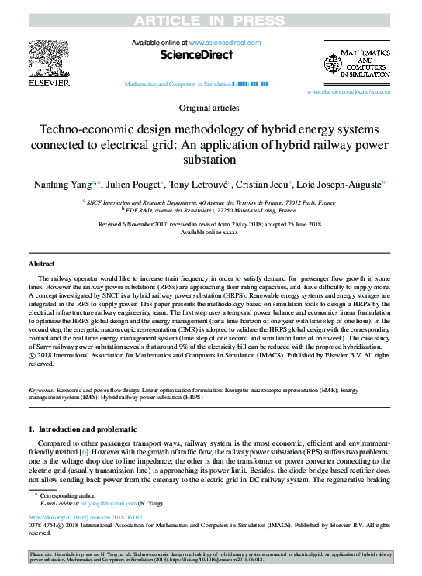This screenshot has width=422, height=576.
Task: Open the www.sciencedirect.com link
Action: [x=224, y=42]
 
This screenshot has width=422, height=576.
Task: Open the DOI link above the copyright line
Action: [x=75, y=516]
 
